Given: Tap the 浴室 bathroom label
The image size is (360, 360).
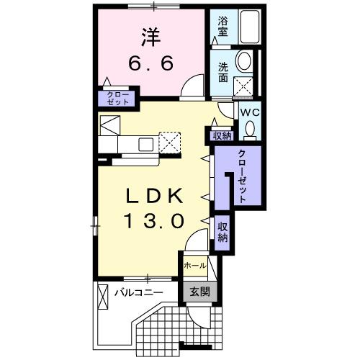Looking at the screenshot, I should (222, 27).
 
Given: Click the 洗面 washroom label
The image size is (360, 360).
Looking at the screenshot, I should (223, 73).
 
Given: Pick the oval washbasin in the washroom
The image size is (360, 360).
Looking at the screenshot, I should (245, 62).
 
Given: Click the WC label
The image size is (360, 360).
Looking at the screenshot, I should (249, 112).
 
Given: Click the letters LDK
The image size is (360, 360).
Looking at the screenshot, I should (150, 195).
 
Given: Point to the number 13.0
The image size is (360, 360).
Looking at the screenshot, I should (150, 219).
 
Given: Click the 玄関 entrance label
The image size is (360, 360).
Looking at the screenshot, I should (199, 292).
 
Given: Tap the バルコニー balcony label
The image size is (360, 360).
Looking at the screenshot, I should (139, 292).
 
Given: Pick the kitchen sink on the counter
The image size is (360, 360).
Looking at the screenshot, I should (145, 143).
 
